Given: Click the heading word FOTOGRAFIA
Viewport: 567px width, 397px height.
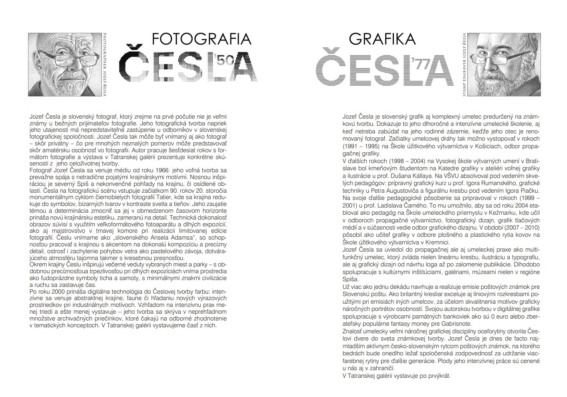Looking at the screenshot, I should pos(202,39).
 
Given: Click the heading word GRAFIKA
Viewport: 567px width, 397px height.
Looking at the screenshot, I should pos(382,39).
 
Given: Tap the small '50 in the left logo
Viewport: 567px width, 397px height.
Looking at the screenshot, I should pos(225,60).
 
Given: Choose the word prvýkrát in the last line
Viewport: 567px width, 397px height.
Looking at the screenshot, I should pos(438,376).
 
